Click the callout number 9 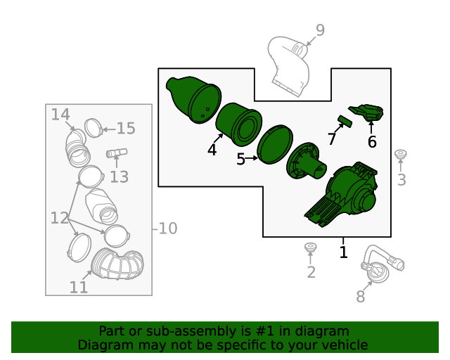click(320, 30)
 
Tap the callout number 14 click(60, 115)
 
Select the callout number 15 click(126, 129)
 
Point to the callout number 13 click(120, 177)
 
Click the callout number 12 click(59, 218)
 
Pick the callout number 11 click(79, 287)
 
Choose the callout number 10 click(167, 229)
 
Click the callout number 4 click(212, 150)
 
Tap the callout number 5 click(240, 159)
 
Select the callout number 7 click(332, 139)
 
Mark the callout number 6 click(372, 142)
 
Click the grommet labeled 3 click(400, 154)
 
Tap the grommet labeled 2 click(310, 247)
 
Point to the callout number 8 click(361, 296)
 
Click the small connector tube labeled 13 click(117, 153)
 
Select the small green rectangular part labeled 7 click(345, 120)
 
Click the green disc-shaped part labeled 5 click(275, 144)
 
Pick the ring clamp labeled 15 click(94, 128)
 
